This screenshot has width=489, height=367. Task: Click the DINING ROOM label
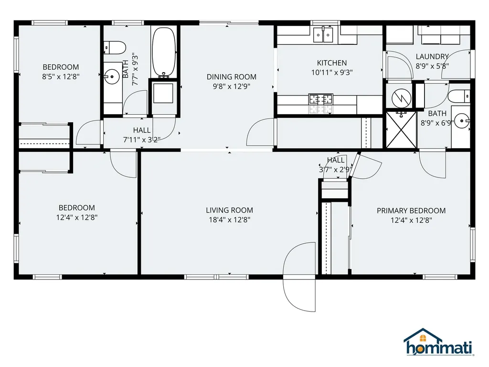[231, 76]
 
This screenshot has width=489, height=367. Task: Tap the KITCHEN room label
[331, 63]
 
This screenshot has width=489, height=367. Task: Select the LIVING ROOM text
[229, 210]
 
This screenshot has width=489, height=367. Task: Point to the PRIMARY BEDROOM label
[411, 210]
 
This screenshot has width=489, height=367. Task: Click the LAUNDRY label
[432, 56]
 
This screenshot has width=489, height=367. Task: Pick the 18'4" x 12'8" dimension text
[229, 220]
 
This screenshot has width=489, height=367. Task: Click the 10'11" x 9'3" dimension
[331, 73]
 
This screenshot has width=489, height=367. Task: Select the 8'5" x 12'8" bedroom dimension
[61, 76]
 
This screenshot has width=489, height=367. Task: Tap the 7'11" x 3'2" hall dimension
[141, 140]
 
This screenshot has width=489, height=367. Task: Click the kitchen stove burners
[321, 100]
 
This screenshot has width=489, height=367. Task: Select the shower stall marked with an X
[401, 130]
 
